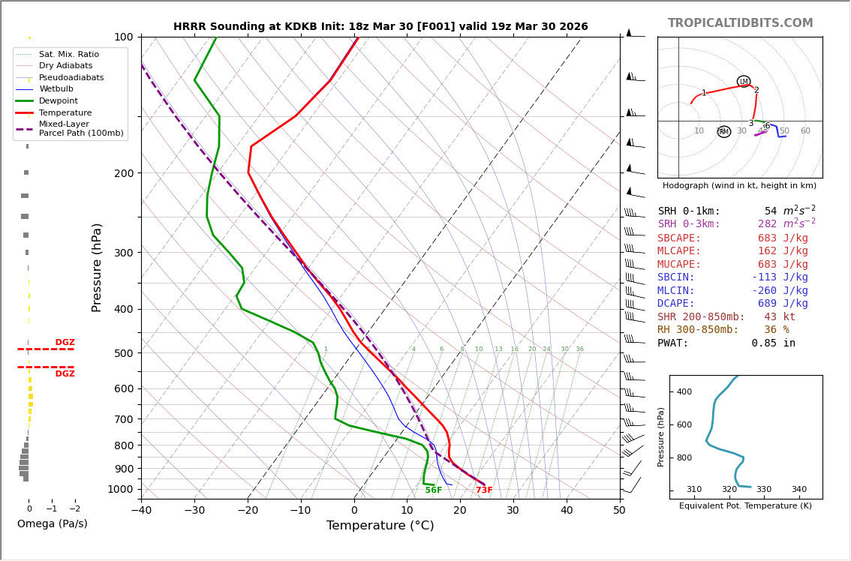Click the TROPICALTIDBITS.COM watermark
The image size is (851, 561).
coord(740,23)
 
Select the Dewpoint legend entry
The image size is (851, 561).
coord(58,100)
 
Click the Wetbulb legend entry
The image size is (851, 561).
coord(56,89)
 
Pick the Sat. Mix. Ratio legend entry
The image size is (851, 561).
coord(68,55)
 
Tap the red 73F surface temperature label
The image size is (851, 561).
coord(484,490)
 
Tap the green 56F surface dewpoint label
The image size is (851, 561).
coord(433,490)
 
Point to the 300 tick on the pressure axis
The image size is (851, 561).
coord(122,253)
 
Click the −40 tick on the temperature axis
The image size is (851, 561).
coord(141,511)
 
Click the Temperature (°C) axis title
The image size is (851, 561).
coord(380,526)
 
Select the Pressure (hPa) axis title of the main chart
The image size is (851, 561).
coord(97,267)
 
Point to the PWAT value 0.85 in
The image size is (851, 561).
coord(773,343)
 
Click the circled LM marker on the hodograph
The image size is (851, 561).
coord(744,82)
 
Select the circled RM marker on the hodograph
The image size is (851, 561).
coord(723,132)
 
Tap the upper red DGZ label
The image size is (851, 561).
coord(65,343)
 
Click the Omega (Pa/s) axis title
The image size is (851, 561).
coord(52,524)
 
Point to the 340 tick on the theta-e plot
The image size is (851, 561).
coord(798,490)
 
